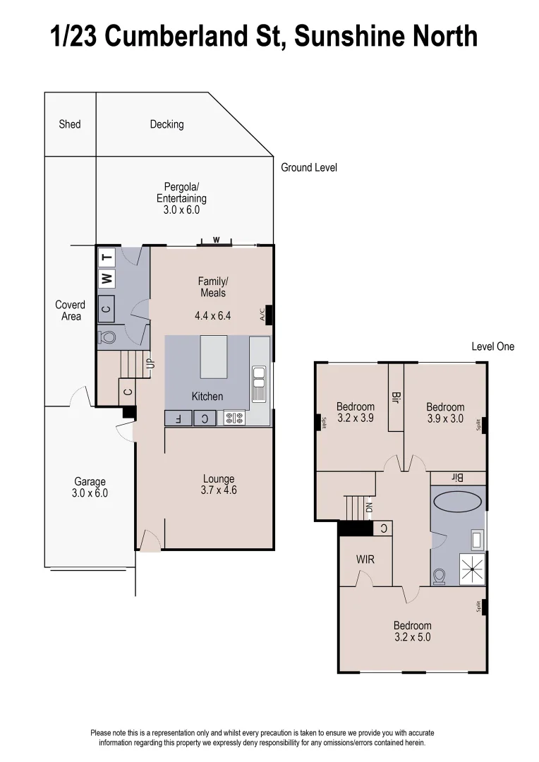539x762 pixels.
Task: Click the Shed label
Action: tap(70, 124)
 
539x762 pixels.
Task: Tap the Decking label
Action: tap(166, 124)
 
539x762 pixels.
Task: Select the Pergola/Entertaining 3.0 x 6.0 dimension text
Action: tap(182, 210)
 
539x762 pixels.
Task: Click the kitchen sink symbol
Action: tap(258, 385)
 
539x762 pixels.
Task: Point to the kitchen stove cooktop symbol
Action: tap(234, 418)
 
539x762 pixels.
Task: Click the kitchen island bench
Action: tap(214, 357)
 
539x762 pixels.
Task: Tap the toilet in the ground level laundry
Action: tap(108, 337)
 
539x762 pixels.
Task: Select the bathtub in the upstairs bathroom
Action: tap(457, 502)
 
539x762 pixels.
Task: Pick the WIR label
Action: tap(365, 560)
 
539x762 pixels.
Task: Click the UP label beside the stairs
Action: tap(150, 365)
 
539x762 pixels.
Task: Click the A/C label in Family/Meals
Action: tap(262, 314)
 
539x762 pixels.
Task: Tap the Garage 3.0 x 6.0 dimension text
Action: tap(90, 493)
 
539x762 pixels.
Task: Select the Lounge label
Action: tap(218, 478)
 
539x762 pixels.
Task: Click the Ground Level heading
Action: tap(309, 167)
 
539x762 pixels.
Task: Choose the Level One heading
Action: tap(492, 346)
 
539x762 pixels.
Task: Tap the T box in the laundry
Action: tap(107, 256)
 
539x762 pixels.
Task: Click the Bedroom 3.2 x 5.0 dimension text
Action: tap(412, 636)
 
